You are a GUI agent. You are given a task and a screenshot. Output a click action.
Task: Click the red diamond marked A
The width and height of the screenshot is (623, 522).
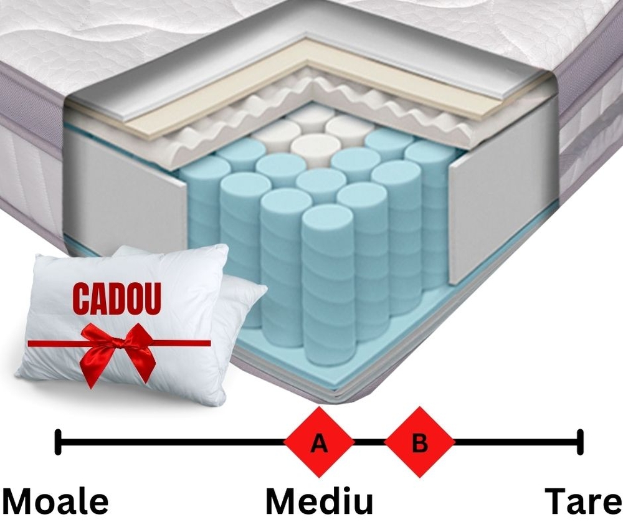pos(319,442)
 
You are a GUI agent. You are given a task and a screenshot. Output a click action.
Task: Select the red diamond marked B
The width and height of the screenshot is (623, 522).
pos(419,442)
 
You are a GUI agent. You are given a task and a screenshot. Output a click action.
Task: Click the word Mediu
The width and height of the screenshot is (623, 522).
pos(320,501)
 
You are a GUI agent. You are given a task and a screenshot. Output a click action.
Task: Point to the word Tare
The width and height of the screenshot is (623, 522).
pos(583,501)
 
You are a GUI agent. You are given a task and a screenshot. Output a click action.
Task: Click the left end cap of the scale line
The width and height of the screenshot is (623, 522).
pos(58,442)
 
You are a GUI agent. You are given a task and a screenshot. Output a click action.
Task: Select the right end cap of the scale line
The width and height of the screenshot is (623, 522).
pos(581,442)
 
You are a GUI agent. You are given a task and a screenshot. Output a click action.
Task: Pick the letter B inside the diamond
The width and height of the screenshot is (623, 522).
pos(420,442)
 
